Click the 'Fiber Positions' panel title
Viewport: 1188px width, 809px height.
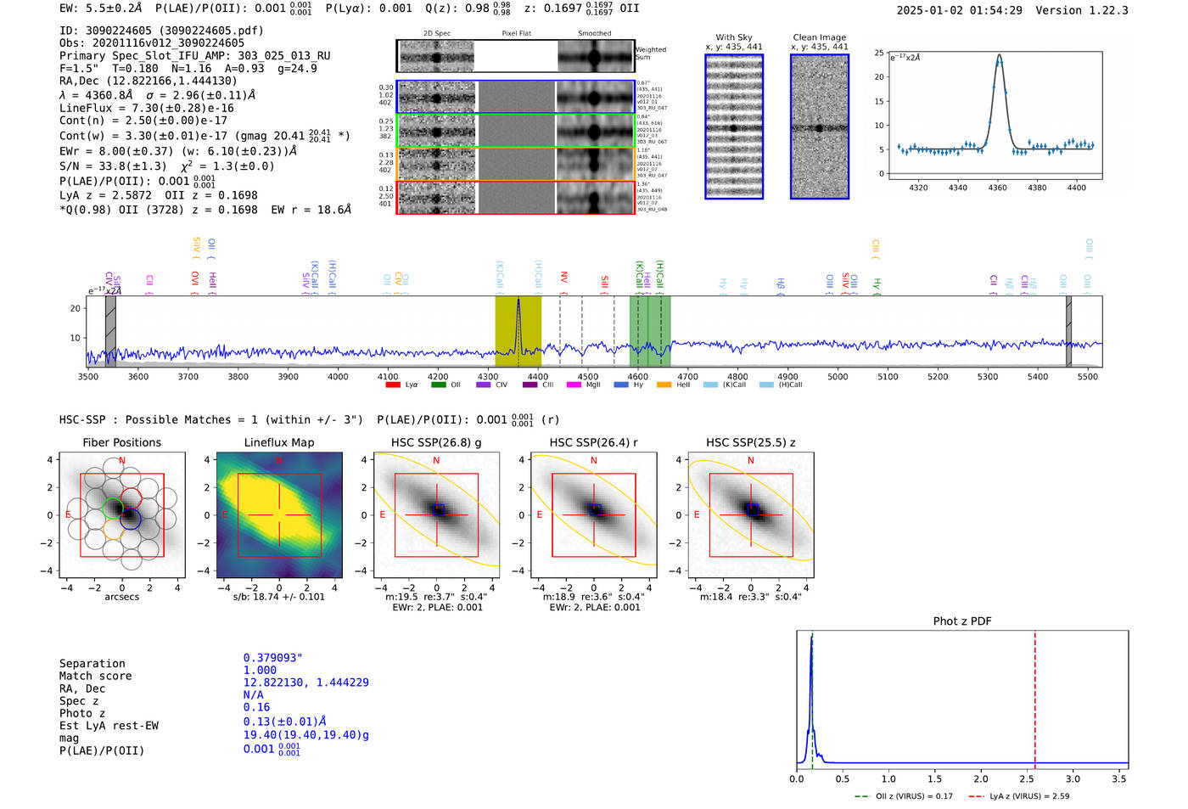[x=121, y=442]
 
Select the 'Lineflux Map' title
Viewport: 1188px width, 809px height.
[x=278, y=442]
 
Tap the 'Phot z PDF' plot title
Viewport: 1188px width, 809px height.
[x=961, y=621]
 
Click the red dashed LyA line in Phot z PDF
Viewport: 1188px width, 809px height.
[x=1034, y=696]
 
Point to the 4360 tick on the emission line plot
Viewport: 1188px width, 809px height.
[x=997, y=188]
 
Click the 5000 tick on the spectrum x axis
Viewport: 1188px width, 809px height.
[x=838, y=377]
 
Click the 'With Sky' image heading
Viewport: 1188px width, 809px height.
[x=733, y=37]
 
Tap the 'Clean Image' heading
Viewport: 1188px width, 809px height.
[x=819, y=37]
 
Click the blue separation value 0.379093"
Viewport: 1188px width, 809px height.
[x=272, y=658]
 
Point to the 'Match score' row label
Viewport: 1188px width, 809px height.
[x=95, y=677]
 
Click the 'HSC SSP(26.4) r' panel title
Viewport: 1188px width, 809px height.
[x=593, y=442]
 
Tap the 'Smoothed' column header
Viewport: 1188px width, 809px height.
[x=594, y=34]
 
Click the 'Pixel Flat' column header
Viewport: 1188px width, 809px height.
[x=516, y=34]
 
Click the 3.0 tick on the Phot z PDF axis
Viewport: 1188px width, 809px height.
[x=1073, y=778]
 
